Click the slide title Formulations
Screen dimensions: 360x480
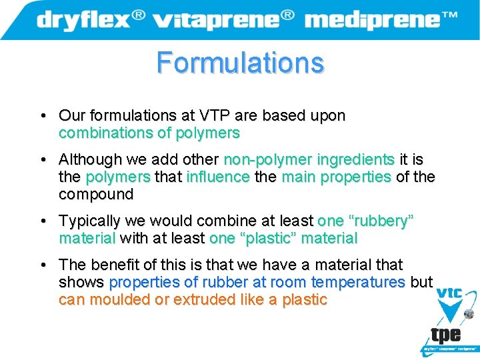pyautogui.click(x=240, y=63)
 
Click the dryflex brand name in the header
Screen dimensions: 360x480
pyautogui.click(x=83, y=19)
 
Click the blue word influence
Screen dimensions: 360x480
pyautogui.click(x=218, y=177)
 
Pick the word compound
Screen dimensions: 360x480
pyautogui.click(x=96, y=195)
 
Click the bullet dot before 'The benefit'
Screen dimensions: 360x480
pyautogui.click(x=42, y=265)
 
